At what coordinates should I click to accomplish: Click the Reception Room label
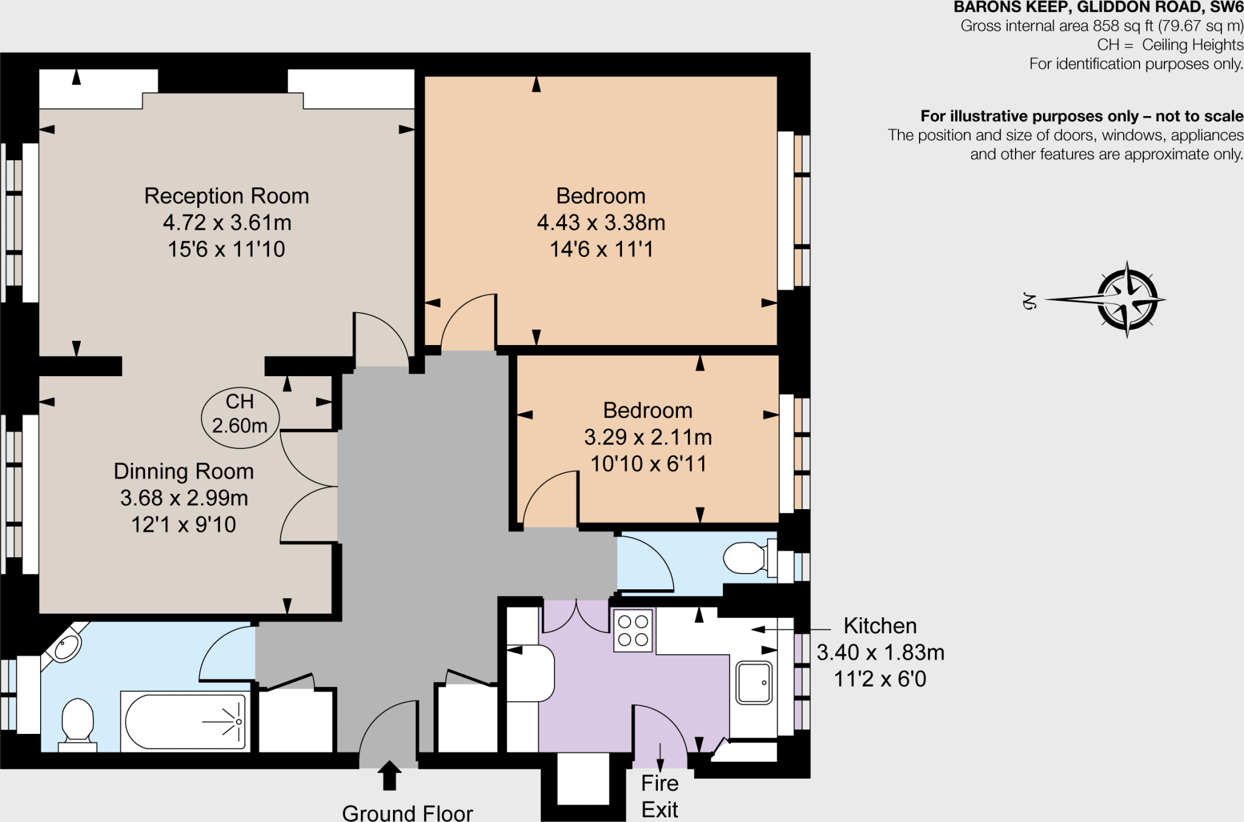227,196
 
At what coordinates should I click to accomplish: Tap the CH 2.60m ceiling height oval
240,418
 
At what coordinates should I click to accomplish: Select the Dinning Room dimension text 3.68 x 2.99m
184,498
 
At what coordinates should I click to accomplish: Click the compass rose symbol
1127,300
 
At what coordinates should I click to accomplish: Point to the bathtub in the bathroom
185,722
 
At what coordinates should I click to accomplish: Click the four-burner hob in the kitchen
633,631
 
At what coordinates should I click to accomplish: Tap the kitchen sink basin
754,682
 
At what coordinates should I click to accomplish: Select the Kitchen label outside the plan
880,626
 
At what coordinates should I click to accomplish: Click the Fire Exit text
660,796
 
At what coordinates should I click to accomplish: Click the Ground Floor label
407,813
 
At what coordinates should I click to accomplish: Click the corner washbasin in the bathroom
67,647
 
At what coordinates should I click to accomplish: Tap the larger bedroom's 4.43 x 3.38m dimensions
601,223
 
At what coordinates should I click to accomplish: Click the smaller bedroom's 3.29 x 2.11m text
648,437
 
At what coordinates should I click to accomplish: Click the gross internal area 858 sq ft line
1101,26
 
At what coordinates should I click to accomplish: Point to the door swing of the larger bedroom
468,322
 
